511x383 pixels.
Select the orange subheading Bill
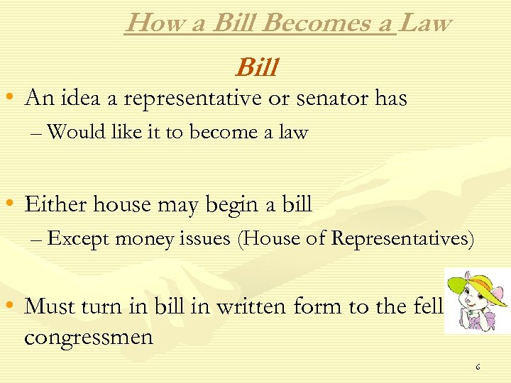point(255,68)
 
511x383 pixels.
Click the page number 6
point(478,367)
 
